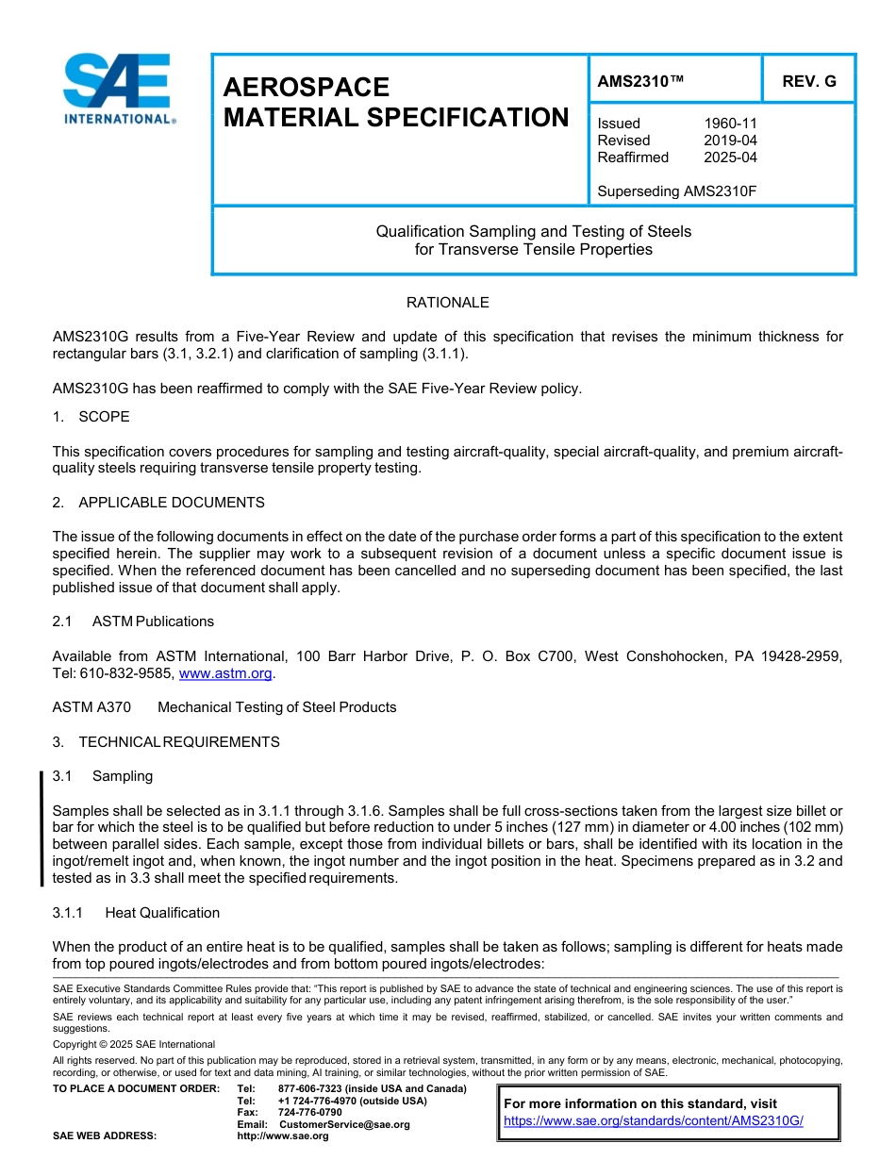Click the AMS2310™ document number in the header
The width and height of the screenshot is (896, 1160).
640,82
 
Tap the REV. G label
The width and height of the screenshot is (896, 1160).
808,82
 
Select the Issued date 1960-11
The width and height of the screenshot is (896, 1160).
730,124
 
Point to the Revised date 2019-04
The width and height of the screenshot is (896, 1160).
730,141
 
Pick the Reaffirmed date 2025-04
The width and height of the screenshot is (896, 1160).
730,157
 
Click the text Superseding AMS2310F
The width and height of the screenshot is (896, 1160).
677,191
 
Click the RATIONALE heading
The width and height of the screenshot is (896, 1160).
447,303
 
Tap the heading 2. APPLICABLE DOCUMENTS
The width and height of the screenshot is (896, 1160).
158,503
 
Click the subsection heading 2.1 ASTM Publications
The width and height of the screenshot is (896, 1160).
133,621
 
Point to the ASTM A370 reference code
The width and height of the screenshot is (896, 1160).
91,707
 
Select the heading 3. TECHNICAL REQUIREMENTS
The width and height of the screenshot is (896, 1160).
166,742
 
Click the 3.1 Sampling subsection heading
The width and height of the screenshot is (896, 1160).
103,776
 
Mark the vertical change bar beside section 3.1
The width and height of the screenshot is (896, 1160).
41,828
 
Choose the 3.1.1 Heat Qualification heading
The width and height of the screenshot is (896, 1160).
136,913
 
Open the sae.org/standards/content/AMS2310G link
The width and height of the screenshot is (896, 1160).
653,1121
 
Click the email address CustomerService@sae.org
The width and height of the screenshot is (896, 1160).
344,1124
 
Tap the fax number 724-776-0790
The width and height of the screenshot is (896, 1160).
310,1112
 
